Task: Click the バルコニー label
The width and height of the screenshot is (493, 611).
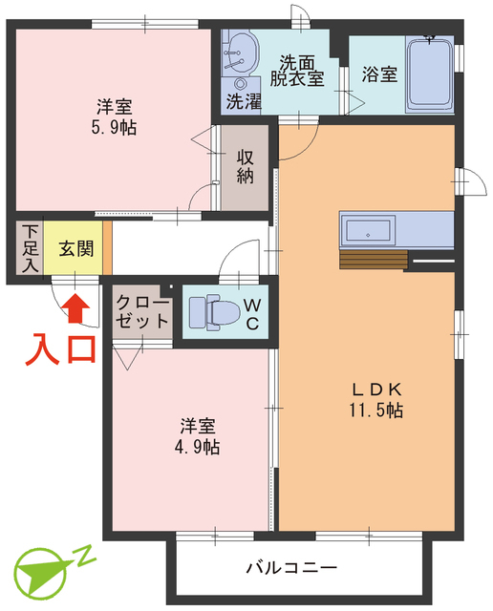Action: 291,568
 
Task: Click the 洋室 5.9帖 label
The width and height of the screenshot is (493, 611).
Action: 116,116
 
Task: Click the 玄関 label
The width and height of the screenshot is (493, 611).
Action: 76,250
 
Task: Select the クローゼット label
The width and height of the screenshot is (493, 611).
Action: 141,311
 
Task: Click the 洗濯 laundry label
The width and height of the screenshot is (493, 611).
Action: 243,99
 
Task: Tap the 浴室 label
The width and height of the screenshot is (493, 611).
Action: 379,74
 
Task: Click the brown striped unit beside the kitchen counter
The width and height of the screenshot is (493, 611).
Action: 372,260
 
